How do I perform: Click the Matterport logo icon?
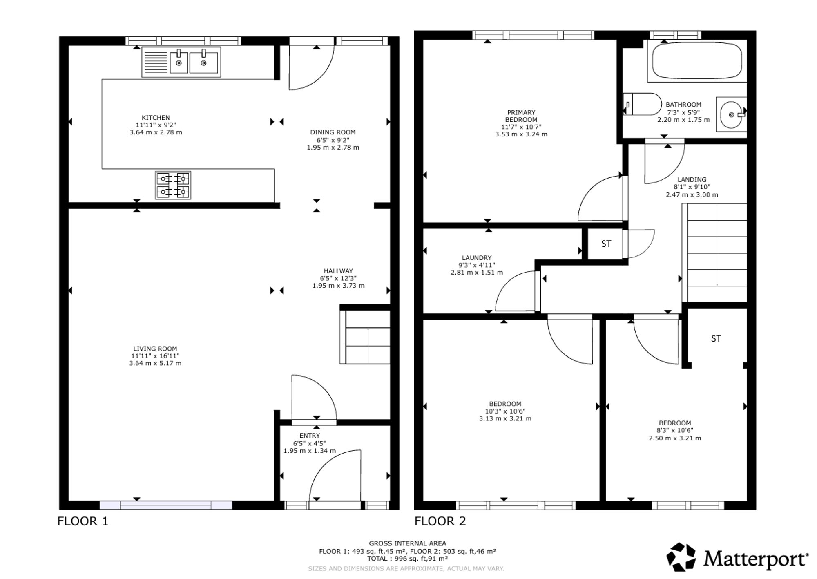click(681, 557)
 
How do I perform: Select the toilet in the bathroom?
click(642, 104)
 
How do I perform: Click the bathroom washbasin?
click(731, 114)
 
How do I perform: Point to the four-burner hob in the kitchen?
click(173, 185)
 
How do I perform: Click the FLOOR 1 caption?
click(83, 521)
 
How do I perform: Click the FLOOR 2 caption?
click(440, 521)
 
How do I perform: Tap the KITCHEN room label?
click(156, 118)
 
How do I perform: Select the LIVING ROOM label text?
click(155, 349)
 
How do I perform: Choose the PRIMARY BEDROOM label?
click(521, 116)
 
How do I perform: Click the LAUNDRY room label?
click(477, 258)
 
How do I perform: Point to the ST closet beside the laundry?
click(606, 244)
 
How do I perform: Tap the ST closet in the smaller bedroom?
click(716, 338)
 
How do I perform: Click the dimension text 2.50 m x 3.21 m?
click(675, 438)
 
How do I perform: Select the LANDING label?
click(692, 179)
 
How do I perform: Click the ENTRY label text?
click(310, 436)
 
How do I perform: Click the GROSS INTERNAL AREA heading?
click(408, 543)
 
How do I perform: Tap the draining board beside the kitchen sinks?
click(156, 62)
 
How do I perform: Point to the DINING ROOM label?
click(333, 132)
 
